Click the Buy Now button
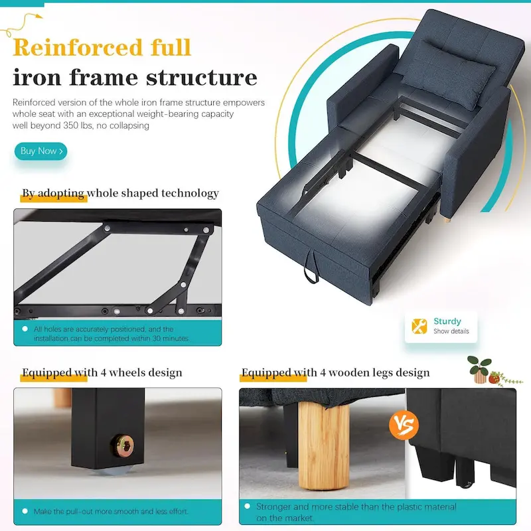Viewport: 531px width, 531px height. click(40, 151)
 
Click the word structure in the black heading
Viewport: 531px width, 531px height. click(202, 78)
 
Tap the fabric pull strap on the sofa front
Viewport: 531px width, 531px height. click(311, 267)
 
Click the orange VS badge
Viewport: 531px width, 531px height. click(404, 425)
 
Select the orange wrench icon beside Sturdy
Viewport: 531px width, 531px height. click(419, 326)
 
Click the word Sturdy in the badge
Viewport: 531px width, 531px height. click(447, 321)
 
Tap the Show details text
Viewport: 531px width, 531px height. click(451, 331)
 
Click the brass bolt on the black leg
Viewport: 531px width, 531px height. click(123, 446)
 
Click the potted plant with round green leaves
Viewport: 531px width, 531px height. click(479, 369)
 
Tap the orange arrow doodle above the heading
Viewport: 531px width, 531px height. click(21, 24)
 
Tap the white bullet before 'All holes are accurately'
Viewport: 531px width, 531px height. click(25, 329)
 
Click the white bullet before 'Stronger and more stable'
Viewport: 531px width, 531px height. click(247, 506)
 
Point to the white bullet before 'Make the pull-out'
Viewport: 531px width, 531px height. click(25, 511)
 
